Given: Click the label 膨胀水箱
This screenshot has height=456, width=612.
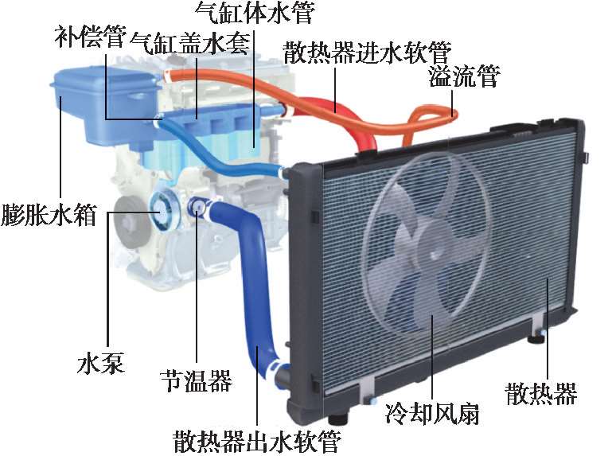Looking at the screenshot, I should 49,216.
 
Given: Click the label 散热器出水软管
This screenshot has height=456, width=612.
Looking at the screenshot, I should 257,439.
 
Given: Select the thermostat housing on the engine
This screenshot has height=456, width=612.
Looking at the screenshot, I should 197,209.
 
